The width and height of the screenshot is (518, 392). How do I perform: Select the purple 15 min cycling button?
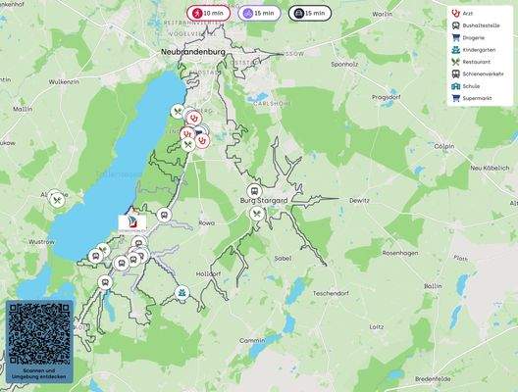257,13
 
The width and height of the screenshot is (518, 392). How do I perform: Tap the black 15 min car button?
309,13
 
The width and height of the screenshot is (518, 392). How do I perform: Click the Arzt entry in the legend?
467,13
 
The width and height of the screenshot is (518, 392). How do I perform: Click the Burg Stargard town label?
264,200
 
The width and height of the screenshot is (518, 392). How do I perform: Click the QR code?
38,333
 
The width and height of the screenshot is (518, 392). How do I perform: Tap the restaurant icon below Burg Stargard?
256,213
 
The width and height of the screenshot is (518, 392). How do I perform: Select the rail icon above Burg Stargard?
253,190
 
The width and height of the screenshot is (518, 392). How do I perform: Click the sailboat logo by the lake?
131,222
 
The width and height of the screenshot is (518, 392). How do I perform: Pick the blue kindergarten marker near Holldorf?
182,293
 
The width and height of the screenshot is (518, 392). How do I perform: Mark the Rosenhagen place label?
401,252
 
